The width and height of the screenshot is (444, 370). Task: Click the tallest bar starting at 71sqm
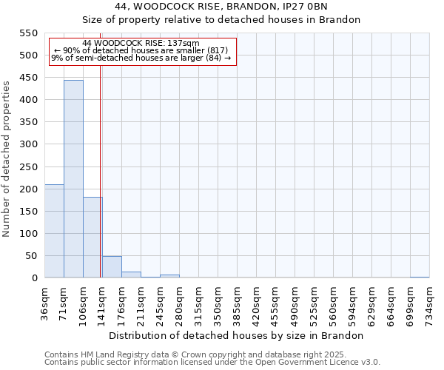pos(73,179)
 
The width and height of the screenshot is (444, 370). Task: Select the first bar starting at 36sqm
pos(54,231)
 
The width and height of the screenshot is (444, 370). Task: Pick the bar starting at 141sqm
pos(112,267)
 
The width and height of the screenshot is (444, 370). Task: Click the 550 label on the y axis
pos(27,33)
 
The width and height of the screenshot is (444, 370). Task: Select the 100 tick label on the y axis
pos(27,234)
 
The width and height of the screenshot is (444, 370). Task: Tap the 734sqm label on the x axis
pos(429,303)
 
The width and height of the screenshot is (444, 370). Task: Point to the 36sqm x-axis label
pos(44,303)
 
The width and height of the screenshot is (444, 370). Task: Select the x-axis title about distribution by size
pos(241,335)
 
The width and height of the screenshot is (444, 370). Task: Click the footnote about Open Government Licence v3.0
pos(212,362)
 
